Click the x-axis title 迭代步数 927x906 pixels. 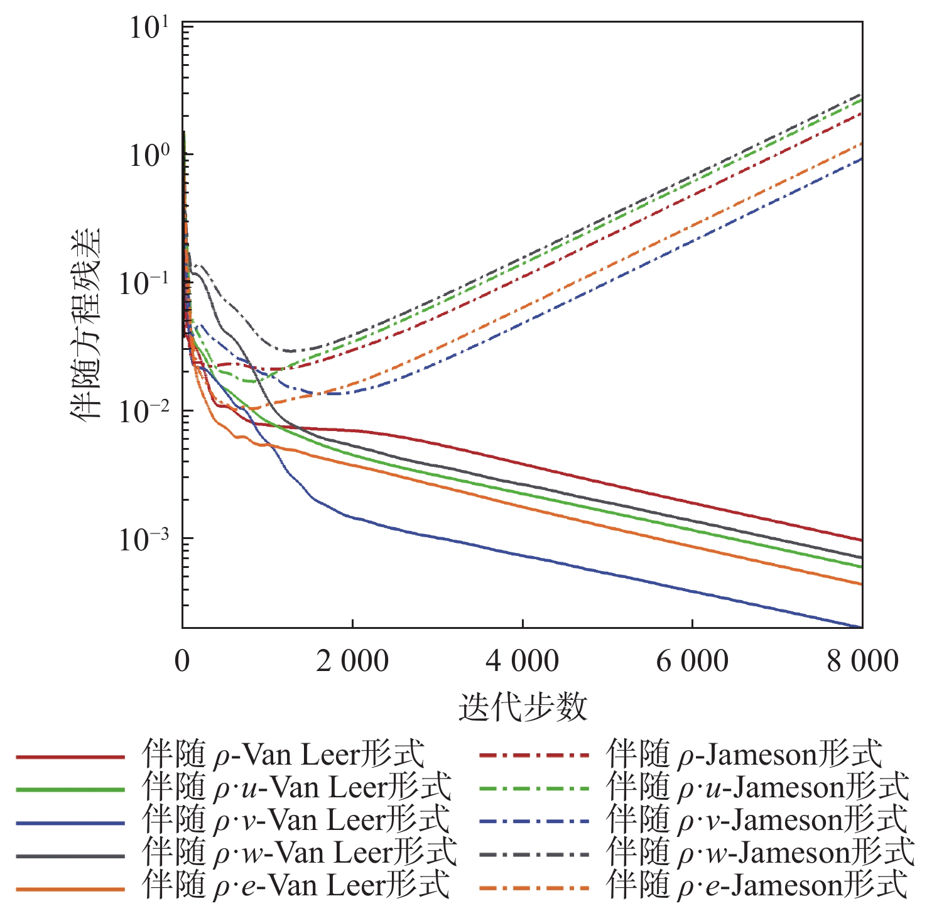click(x=523, y=707)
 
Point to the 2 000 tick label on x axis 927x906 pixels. click(x=352, y=662)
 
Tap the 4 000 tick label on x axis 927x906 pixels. click(x=523, y=662)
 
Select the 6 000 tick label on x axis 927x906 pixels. click(x=692, y=662)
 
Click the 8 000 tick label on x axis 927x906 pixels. click(x=862, y=662)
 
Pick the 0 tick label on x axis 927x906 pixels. click(x=182, y=662)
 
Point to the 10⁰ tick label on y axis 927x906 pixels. click(x=149, y=155)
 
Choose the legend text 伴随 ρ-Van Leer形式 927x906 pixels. click(x=283, y=755)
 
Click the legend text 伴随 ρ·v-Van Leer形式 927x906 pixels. click(x=296, y=820)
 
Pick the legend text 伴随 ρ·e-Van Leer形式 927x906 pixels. click(x=296, y=885)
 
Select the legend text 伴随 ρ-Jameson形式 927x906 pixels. click(x=744, y=755)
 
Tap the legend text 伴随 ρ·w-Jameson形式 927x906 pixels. click(x=761, y=853)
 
